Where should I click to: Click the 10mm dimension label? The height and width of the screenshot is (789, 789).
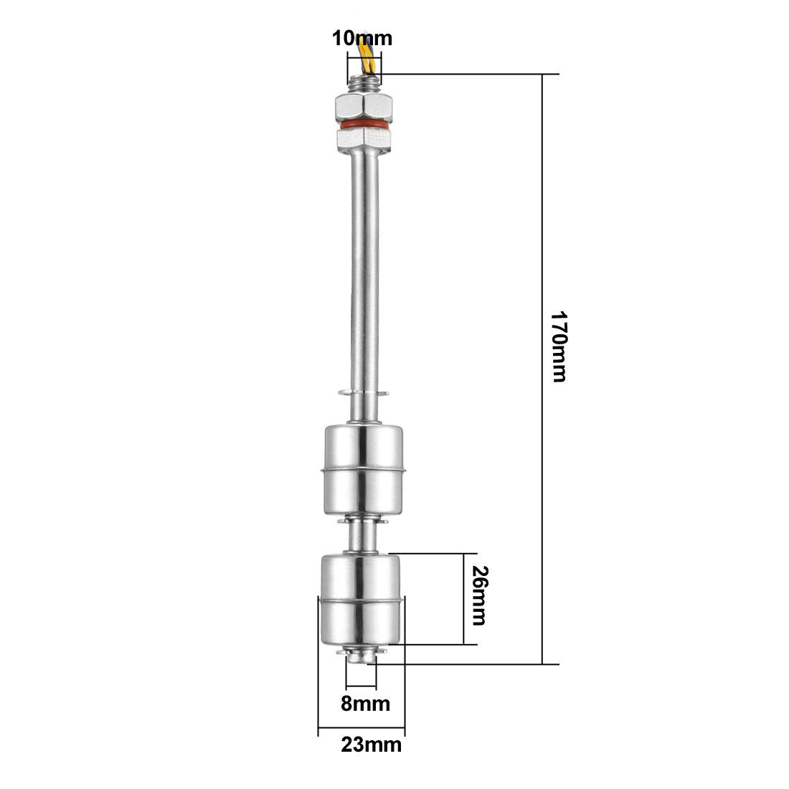362,39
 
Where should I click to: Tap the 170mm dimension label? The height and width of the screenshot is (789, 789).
559,346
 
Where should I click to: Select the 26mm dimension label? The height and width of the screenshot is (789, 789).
480,595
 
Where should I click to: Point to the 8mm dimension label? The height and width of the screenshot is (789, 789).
365,704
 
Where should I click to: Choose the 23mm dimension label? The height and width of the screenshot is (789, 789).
372,745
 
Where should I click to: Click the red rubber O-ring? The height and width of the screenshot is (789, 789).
364,123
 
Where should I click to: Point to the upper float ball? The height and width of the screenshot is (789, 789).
363,470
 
